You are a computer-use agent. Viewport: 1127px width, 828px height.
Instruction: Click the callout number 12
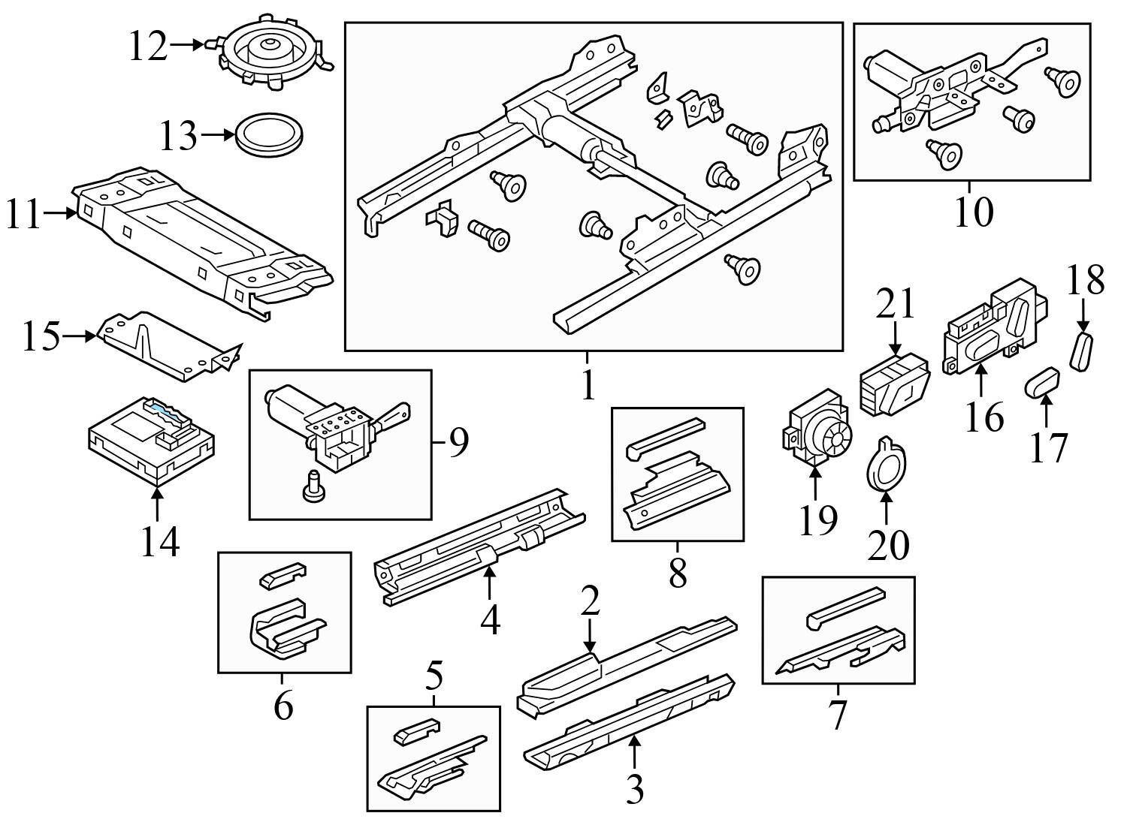point(147,47)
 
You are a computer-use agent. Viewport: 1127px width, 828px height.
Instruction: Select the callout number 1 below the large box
point(588,386)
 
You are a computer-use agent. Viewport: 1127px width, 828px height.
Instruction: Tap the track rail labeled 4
point(481,546)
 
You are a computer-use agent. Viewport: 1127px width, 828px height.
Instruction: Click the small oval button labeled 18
point(1082,351)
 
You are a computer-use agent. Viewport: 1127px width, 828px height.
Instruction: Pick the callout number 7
point(837,715)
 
